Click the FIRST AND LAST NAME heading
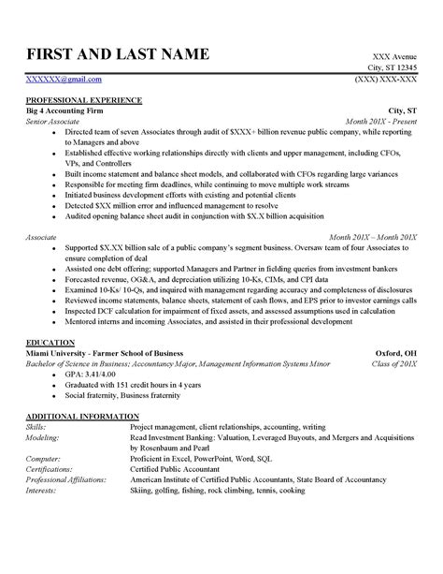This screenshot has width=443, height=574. coord(117,53)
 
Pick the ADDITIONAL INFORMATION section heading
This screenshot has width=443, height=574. coord(82,414)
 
